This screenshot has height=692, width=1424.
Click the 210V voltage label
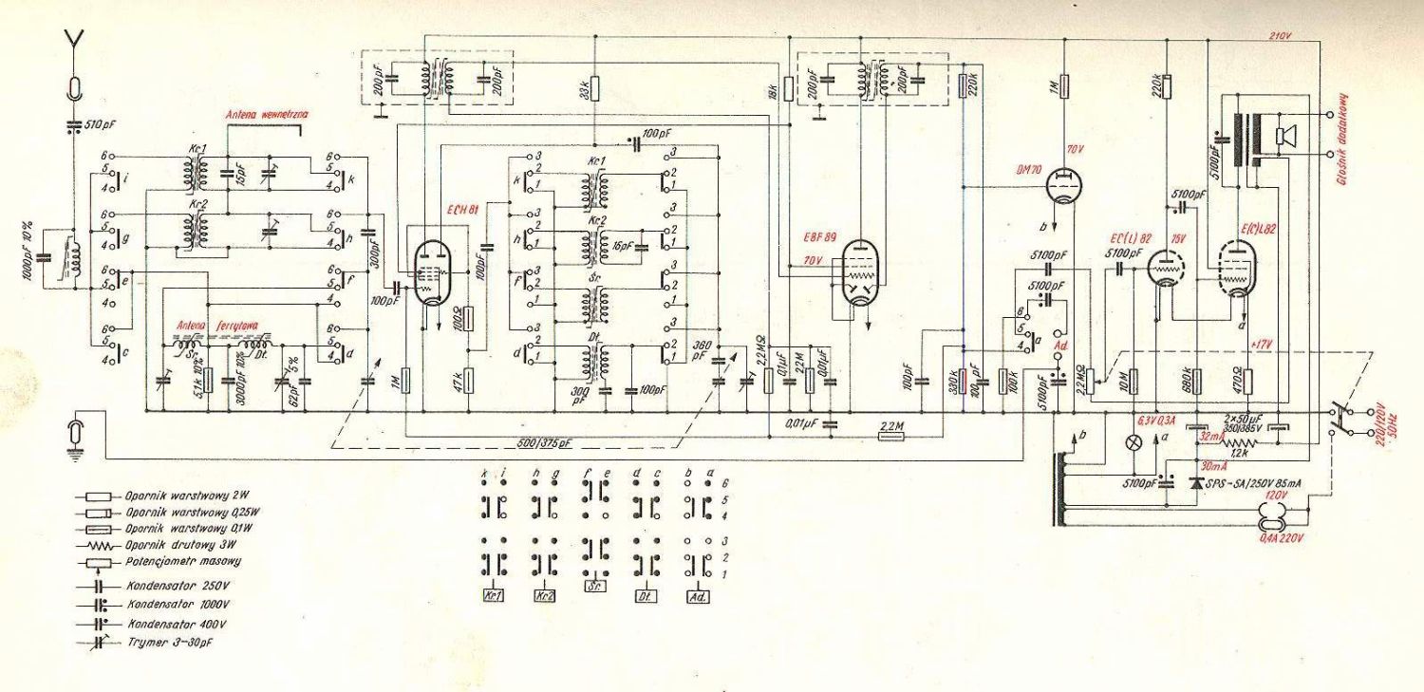[1283, 36]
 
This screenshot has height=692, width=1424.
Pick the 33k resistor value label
[583, 88]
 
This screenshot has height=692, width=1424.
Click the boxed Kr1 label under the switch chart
[493, 596]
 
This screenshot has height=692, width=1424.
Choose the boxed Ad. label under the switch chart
[697, 597]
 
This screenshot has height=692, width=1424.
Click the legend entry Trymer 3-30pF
[168, 643]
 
